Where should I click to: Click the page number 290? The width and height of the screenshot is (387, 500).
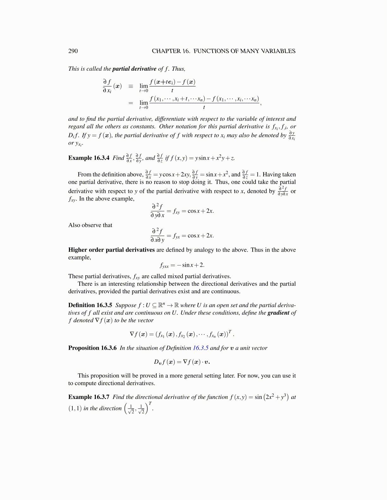(x=73, y=51)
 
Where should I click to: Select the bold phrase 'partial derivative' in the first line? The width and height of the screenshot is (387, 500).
(x=134, y=69)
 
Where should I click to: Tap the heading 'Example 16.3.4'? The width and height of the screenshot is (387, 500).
(x=89, y=158)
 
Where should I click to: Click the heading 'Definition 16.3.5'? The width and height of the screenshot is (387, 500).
(x=90, y=305)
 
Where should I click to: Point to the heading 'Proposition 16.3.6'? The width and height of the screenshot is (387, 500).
(x=92, y=348)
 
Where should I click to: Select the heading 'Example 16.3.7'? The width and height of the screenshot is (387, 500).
(x=89, y=397)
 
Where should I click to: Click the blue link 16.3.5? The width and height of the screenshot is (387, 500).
(x=200, y=348)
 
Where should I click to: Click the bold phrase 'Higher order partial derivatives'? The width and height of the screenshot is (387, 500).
(x=111, y=250)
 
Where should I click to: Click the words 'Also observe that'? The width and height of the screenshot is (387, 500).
(x=90, y=225)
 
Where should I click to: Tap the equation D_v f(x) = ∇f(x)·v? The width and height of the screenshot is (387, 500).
(x=182, y=362)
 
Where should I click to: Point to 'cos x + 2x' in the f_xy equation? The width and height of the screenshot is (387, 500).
(x=200, y=211)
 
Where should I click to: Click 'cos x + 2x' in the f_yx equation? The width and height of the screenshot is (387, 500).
(x=200, y=235)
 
